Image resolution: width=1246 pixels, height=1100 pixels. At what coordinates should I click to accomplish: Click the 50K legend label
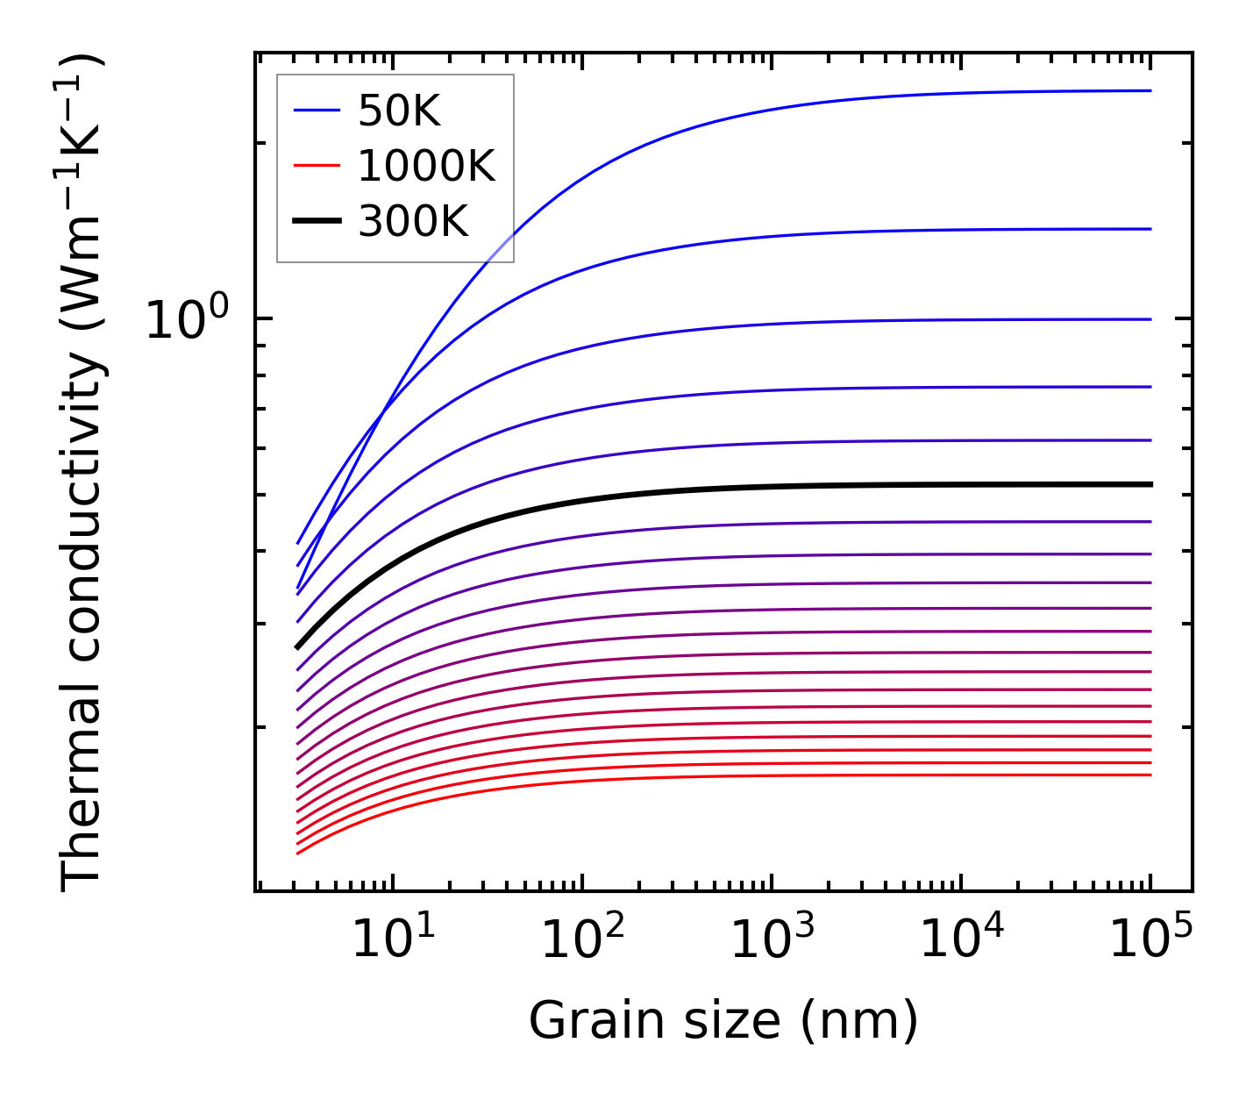tap(399, 111)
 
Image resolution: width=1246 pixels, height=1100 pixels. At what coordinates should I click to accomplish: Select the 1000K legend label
tap(426, 166)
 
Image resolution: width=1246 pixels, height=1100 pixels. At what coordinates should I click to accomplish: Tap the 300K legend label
tap(413, 222)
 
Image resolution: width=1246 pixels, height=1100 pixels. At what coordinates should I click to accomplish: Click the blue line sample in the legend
tap(317, 111)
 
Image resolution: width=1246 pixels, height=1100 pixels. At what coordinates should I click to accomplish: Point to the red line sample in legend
tap(317, 165)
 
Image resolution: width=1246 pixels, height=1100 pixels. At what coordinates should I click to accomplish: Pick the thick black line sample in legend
tap(317, 222)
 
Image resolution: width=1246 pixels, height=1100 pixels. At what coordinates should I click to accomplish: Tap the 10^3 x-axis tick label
tap(772, 941)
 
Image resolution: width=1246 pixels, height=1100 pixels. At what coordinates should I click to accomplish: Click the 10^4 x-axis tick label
tap(961, 941)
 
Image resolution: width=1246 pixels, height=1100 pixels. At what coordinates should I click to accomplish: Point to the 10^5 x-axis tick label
tap(1150, 941)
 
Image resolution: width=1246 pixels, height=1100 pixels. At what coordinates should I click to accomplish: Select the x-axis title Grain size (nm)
tap(723, 1021)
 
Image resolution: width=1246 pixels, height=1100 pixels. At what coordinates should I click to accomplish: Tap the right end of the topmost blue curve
tap(1150, 90)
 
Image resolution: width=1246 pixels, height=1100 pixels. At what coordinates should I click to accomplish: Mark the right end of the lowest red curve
tap(1150, 775)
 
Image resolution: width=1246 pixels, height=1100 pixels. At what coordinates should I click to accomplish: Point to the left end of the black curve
tap(297, 647)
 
